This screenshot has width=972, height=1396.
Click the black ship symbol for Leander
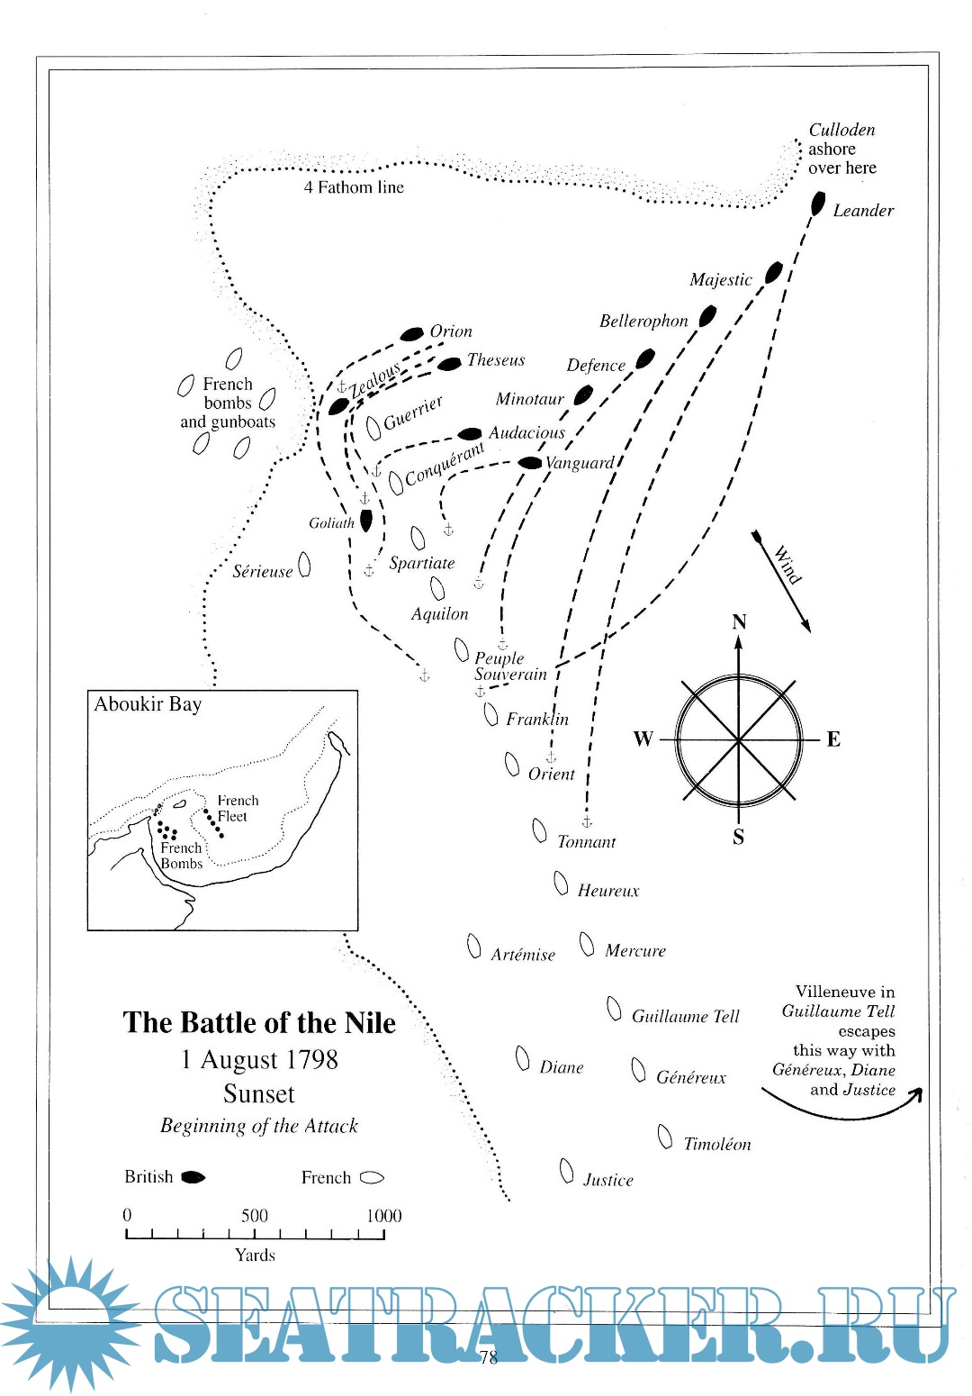point(817,204)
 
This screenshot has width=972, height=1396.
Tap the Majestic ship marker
point(773,272)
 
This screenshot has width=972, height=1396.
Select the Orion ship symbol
point(412,334)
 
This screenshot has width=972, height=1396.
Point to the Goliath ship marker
point(365,521)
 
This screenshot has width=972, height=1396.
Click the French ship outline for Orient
point(512,766)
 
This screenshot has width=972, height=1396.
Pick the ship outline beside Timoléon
point(665,1138)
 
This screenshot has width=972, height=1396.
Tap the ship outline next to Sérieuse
point(304,565)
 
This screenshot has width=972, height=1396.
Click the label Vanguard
point(580,463)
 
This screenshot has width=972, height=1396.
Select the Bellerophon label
point(643,322)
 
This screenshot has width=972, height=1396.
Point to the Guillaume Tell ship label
point(685,1017)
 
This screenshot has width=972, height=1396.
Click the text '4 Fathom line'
point(354,187)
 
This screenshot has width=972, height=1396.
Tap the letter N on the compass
point(739,622)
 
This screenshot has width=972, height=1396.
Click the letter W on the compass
point(643,739)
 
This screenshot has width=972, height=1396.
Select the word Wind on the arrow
point(787,566)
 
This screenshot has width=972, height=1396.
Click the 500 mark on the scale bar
point(255,1216)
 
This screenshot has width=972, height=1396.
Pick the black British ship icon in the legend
point(193,1177)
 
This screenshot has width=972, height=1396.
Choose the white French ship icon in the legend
point(372,1178)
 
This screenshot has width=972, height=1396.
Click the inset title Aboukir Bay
point(148,704)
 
